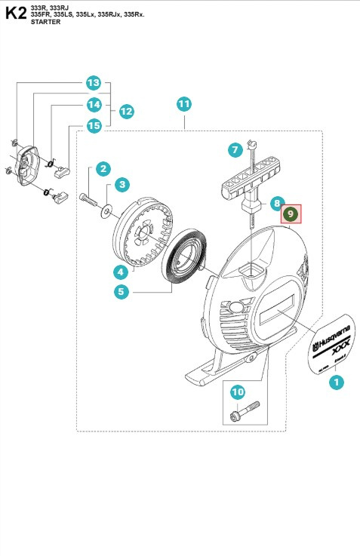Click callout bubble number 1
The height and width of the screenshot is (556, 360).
pos(337,382)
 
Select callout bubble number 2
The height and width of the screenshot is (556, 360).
pos(103,169)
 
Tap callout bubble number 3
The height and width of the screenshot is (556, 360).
pos(122,183)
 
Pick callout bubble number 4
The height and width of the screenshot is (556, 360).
pos(120,272)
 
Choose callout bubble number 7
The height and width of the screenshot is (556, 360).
pos(235,150)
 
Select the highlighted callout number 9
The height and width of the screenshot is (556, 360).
pos(291,215)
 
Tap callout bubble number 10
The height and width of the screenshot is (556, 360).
pos(238,392)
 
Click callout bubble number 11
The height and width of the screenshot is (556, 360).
pos(184,103)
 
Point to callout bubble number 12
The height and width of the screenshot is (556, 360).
pos(126,111)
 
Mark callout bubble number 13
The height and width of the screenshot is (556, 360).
pos(94,82)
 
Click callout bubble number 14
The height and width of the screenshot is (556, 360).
pos(94,104)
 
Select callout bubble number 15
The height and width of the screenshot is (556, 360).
pos(94,125)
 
